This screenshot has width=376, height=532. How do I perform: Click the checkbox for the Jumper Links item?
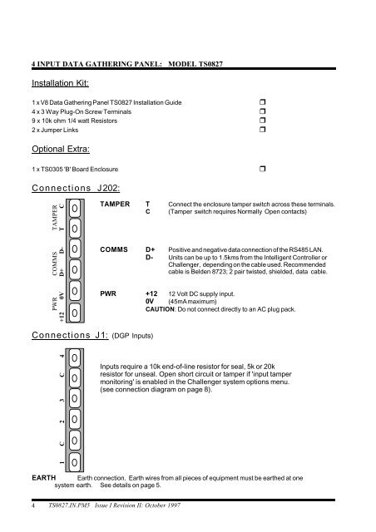coord(262,130)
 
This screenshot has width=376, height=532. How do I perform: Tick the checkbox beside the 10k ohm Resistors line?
coord(262,120)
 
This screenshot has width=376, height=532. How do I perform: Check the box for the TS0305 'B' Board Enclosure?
coord(262,169)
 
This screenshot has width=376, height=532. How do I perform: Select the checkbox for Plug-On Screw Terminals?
coord(262,111)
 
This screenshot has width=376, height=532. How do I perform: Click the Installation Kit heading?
coord(60,83)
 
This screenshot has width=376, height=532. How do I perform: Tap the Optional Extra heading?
coord(61,149)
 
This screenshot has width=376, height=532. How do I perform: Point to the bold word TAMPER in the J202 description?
coord(115,204)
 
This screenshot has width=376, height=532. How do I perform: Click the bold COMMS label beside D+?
coord(114,249)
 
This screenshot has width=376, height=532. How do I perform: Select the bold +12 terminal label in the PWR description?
coord(151,293)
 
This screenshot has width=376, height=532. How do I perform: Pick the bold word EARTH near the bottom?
coord(44,478)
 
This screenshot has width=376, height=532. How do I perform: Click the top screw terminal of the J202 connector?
coord(75,209)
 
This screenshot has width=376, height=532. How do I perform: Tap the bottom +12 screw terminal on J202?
coord(75,313)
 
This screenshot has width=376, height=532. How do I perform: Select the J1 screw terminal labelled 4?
coord(75,358)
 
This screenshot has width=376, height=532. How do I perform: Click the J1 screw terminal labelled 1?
coord(75,462)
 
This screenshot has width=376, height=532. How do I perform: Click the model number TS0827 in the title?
coord(210,64)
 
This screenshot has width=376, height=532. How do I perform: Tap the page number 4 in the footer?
coord(33,505)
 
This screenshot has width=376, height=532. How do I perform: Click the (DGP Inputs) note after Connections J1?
coord(132,336)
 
